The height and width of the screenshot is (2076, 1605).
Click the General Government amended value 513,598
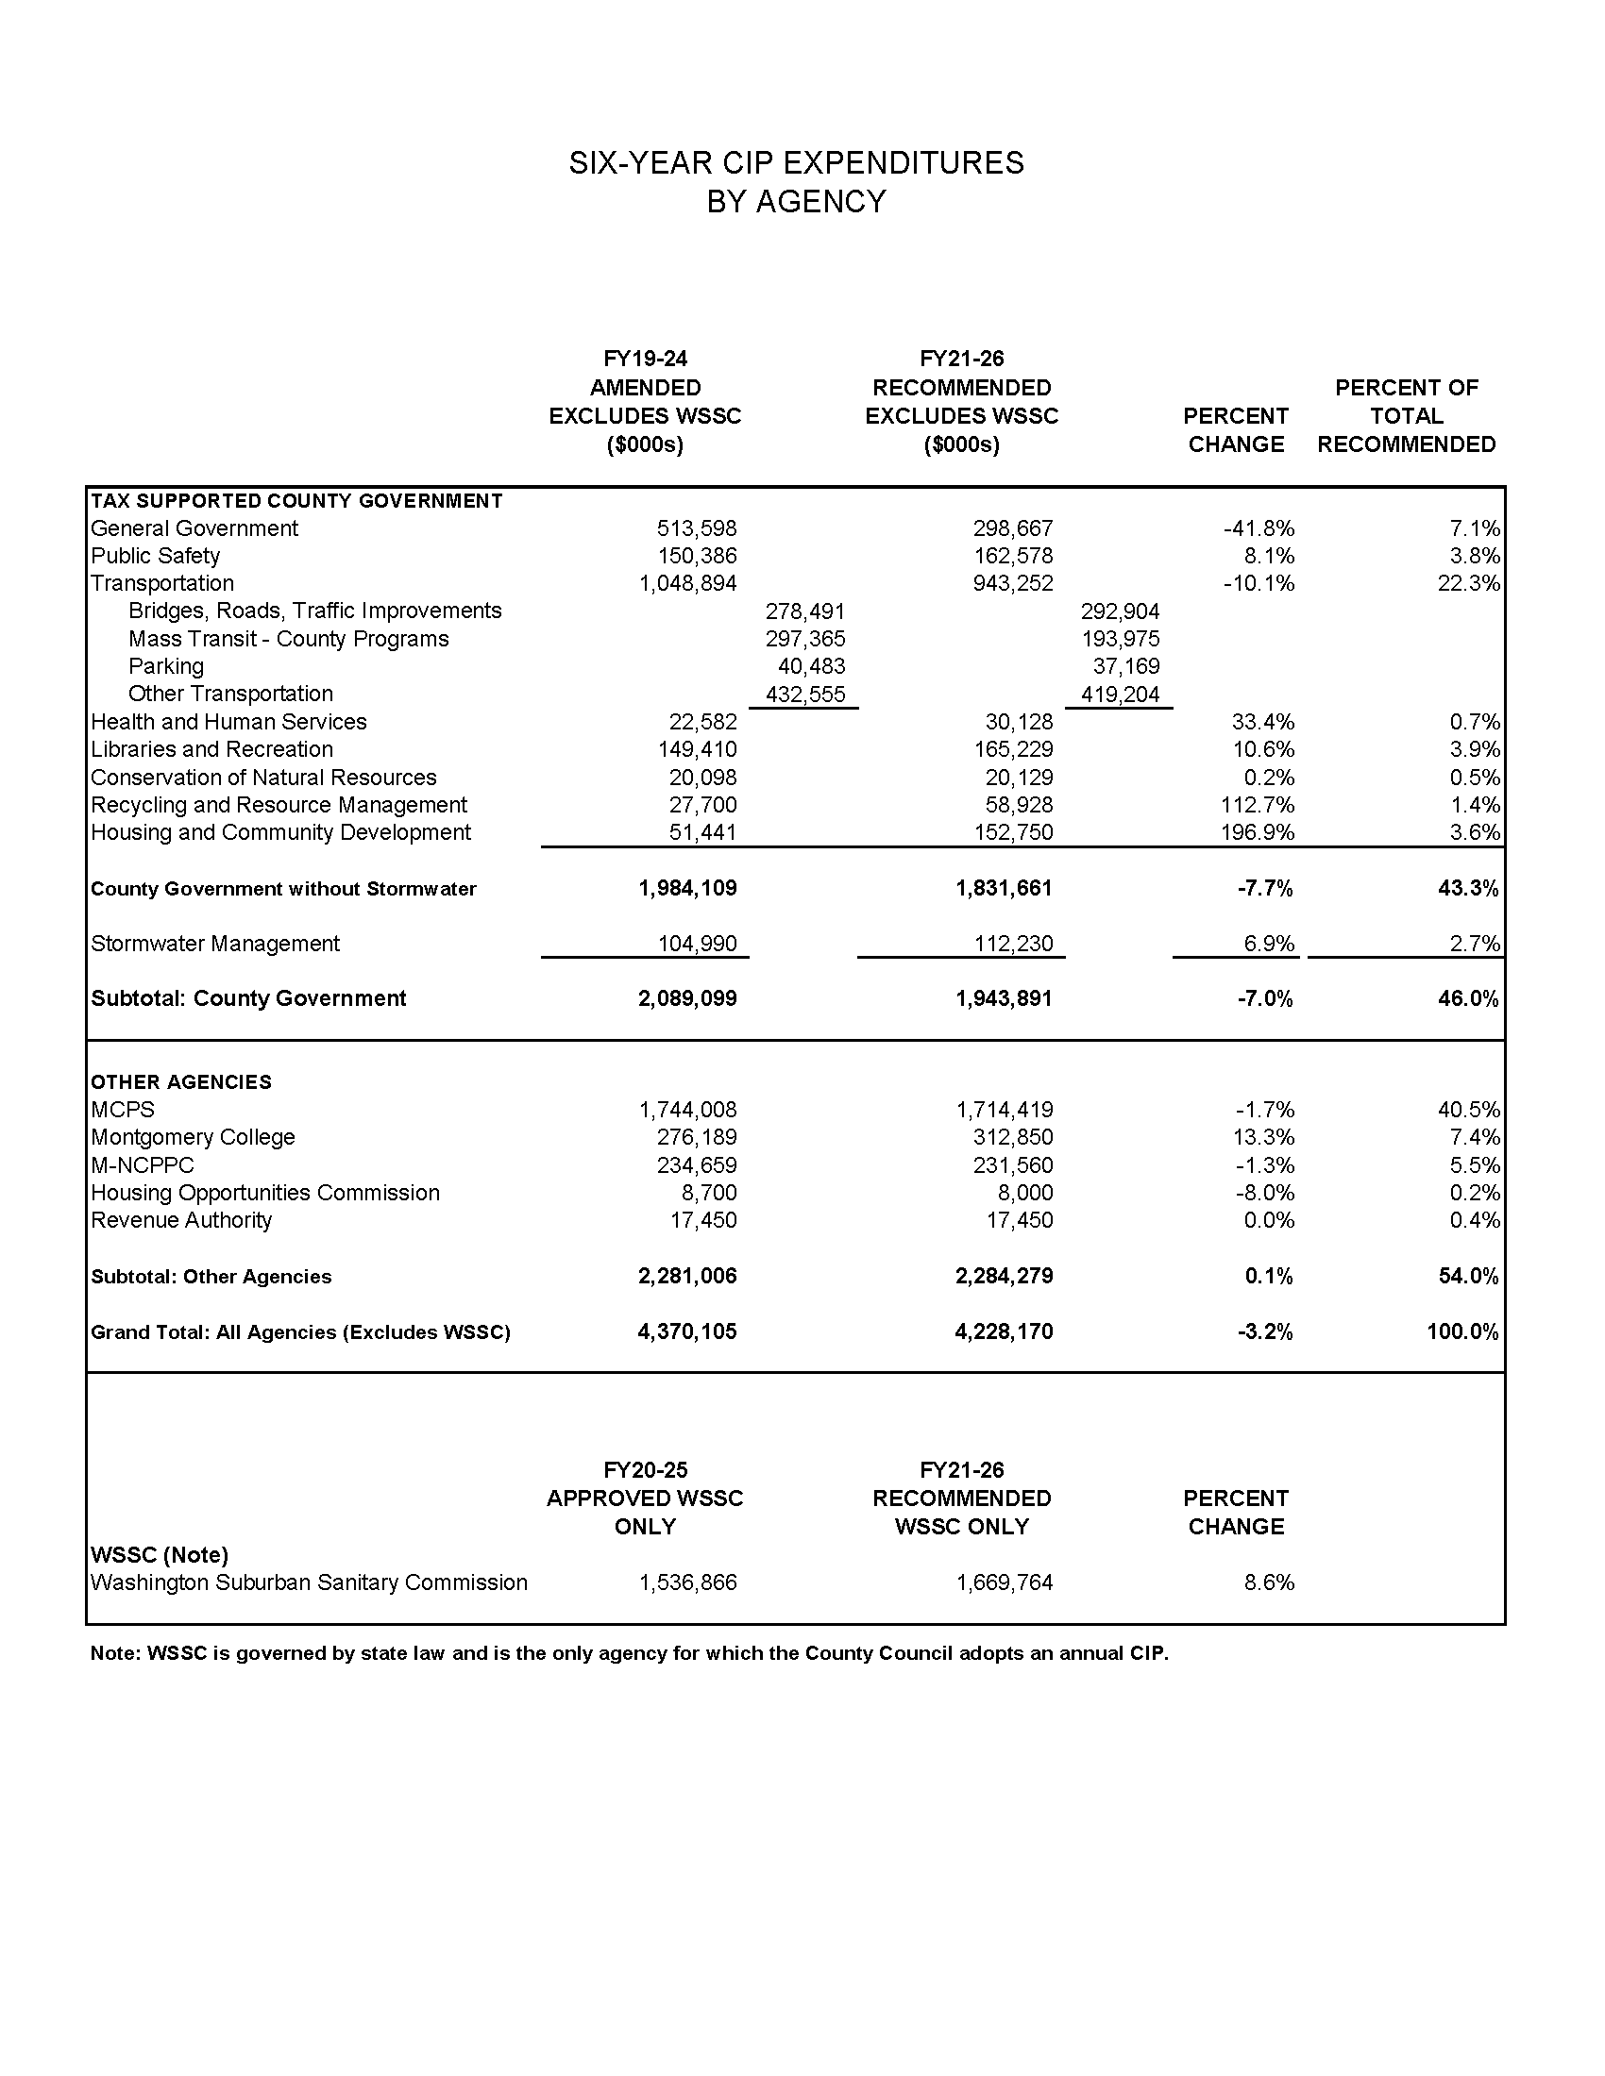pos(696,528)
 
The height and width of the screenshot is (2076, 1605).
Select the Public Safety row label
pos(155,556)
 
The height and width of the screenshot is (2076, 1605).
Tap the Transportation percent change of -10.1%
pos(1259,583)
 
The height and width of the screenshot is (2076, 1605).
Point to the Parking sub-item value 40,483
pos(811,666)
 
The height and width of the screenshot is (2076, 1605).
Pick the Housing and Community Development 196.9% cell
pos(1262,832)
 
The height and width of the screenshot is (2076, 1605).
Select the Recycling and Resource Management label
pos(279,805)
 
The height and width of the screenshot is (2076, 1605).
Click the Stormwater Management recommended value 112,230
pos(1014,944)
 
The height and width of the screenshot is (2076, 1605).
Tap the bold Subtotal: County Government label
pos(248,998)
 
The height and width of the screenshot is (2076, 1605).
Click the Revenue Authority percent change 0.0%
pos(1268,1220)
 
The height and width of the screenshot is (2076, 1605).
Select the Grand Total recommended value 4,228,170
pos(1005,1331)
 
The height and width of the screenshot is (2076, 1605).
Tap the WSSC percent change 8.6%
pos(1268,1582)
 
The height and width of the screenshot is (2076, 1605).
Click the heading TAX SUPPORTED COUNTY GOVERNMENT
pos(296,501)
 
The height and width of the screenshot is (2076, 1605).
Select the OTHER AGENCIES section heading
pos(180,1081)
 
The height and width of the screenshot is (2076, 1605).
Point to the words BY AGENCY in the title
pos(796,202)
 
